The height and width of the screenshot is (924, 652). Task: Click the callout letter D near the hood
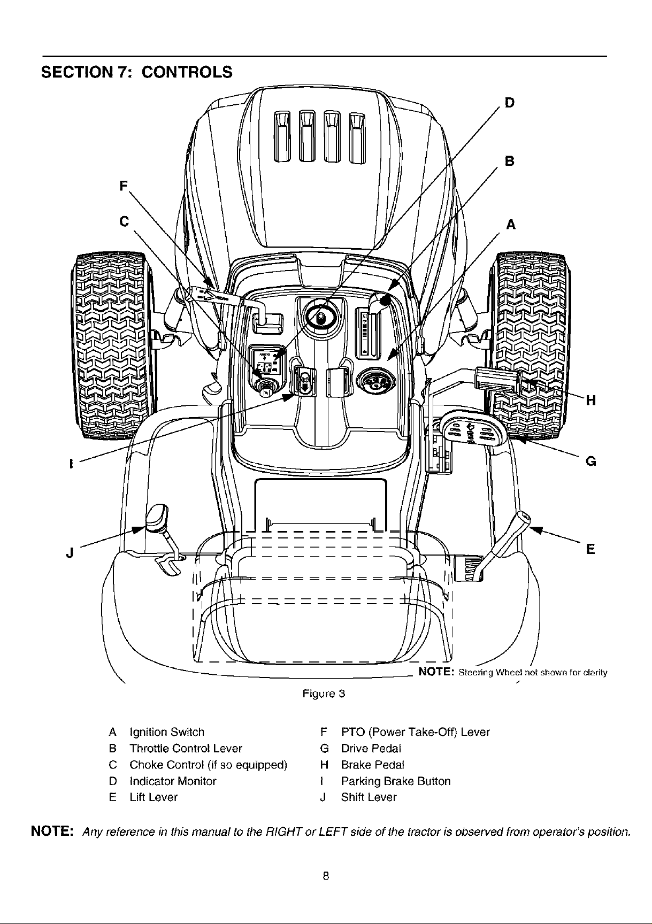510,102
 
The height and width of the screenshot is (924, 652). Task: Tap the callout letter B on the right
510,161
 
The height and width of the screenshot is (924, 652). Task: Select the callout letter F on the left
124,186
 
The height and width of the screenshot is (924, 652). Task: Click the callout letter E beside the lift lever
590,549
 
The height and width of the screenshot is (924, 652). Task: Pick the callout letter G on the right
591,460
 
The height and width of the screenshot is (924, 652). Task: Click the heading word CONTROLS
187,72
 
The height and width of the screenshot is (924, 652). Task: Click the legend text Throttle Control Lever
186,748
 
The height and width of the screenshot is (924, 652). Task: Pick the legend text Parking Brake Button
395,781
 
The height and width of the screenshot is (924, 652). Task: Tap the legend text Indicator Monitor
173,781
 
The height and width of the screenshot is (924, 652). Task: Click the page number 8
325,876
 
